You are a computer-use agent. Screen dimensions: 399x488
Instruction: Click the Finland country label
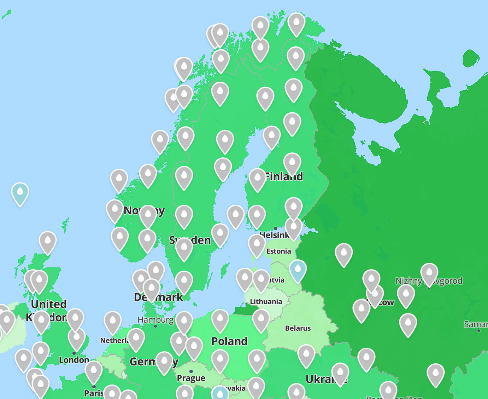coord(284,176)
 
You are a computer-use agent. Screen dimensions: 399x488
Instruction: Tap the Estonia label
coord(279,251)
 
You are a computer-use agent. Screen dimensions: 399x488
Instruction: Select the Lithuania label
coord(266,301)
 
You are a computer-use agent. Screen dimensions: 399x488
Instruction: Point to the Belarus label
coord(298,328)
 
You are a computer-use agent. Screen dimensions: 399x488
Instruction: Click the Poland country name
coord(229,341)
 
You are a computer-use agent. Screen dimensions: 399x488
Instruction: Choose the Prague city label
coord(191,378)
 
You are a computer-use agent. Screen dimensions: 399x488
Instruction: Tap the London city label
coord(74,360)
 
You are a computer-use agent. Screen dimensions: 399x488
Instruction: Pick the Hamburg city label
coord(155,320)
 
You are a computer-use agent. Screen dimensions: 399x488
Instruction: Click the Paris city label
coord(93,393)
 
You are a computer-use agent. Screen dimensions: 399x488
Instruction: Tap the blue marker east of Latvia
coord(298,270)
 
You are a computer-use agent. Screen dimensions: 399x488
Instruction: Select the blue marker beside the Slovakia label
coord(220,393)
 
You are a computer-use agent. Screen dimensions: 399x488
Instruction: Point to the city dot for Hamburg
coord(155,326)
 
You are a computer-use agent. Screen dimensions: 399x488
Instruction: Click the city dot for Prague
coord(191,371)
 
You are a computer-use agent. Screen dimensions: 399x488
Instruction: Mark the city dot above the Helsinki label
coord(276,229)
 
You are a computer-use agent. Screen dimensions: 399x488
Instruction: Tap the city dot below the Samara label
coord(479,331)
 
